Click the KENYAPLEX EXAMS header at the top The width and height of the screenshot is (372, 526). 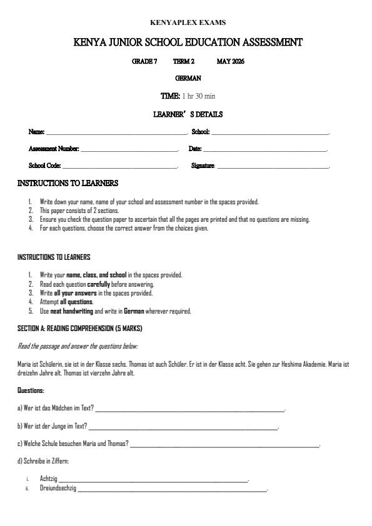188,23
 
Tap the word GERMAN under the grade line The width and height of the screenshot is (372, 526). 188,79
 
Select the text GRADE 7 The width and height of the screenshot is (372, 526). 144,62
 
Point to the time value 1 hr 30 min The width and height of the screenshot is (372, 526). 199,96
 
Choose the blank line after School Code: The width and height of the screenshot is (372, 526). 120,167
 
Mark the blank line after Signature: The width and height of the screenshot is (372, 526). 273,167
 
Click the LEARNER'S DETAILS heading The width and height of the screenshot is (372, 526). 188,115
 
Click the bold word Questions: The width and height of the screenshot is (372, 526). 31,390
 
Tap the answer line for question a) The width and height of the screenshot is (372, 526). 189,409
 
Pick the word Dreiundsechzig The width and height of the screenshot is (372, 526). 58,488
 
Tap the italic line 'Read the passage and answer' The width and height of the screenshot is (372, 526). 78,345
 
